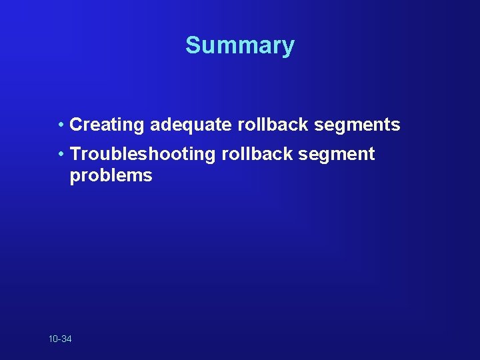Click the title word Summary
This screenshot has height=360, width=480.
[240, 45]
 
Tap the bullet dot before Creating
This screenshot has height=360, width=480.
[61, 124]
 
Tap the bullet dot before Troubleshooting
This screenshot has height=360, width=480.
[61, 154]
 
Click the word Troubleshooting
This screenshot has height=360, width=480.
[143, 155]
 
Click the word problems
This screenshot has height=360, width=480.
[111, 176]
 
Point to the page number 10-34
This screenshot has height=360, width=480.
[60, 339]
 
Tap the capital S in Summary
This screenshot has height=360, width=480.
[193, 45]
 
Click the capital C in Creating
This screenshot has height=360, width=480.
[75, 125]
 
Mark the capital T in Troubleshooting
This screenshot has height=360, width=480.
[75, 155]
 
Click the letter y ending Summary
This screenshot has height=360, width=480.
[288, 47]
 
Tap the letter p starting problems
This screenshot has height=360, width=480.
[75, 177]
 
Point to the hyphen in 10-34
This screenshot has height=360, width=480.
[59, 340]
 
